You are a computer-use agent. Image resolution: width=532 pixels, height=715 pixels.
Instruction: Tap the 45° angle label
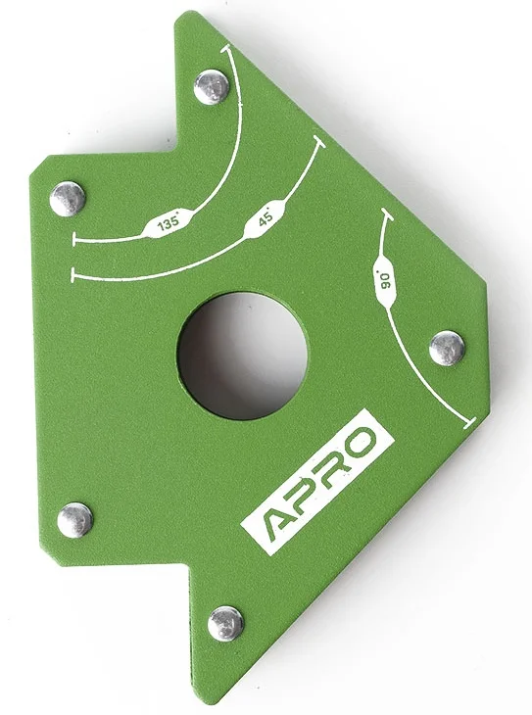click(266, 216)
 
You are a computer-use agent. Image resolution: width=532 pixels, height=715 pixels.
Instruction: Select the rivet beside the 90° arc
click(448, 349)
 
